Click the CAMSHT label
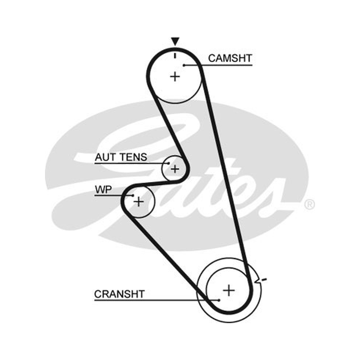click(x=230, y=58)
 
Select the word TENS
click(x=134, y=157)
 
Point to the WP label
click(x=103, y=189)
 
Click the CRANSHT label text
click(x=119, y=294)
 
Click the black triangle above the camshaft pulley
click(x=175, y=41)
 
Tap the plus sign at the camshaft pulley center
click(x=175, y=76)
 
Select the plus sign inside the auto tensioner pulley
click(x=175, y=169)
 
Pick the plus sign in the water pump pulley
click(x=139, y=202)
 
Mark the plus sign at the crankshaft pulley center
click(x=229, y=290)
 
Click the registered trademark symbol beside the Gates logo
click(x=309, y=205)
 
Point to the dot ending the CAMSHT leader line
click(x=184, y=65)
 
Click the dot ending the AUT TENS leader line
click(x=169, y=163)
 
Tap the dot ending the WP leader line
click(x=133, y=195)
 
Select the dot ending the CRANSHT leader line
click(x=219, y=300)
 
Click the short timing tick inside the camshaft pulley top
click(x=175, y=55)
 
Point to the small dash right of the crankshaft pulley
click(x=264, y=279)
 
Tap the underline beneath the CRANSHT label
click(x=157, y=300)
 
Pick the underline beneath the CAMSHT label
click(x=218, y=65)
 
